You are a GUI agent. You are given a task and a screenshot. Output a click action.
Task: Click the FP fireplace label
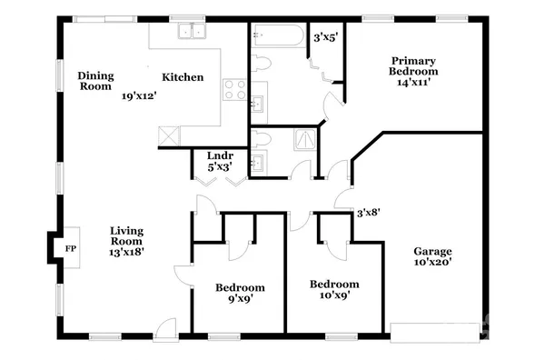click(x=70, y=247)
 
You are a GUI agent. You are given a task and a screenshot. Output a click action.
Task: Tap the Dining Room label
click(x=95, y=81)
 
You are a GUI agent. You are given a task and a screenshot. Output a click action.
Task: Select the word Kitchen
click(x=183, y=77)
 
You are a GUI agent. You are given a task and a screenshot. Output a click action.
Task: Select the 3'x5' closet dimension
click(x=324, y=38)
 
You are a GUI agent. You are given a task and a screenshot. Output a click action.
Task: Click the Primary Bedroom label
click(x=413, y=65)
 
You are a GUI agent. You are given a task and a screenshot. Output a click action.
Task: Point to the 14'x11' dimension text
click(x=413, y=82)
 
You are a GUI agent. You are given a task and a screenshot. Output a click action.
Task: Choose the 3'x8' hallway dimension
click(x=368, y=213)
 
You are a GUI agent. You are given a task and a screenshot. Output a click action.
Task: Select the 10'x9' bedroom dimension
click(x=333, y=294)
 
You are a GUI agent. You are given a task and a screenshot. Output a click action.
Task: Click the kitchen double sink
click(x=192, y=33)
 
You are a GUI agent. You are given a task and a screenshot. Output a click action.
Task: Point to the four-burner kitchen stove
click(x=234, y=90)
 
